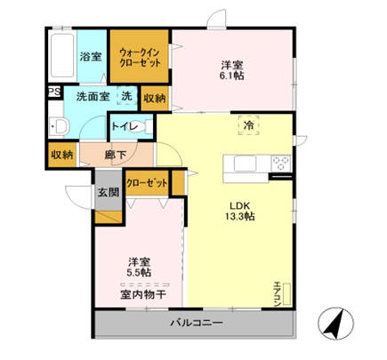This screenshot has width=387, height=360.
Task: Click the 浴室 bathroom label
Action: pyautogui.click(x=91, y=57)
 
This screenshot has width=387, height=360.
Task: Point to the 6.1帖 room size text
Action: pyautogui.click(x=234, y=76)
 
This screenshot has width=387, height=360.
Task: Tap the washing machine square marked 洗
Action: pyautogui.click(x=127, y=97)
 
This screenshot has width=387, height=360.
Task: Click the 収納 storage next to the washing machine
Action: pyautogui.click(x=153, y=98)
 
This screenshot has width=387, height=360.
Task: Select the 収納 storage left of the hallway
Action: pyautogui.click(x=61, y=154)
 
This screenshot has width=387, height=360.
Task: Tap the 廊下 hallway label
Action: pyautogui.click(x=114, y=154)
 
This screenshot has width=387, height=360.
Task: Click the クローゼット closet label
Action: pyautogui.click(x=144, y=182)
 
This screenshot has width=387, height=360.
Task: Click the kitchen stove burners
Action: pyautogui.click(x=281, y=164)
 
